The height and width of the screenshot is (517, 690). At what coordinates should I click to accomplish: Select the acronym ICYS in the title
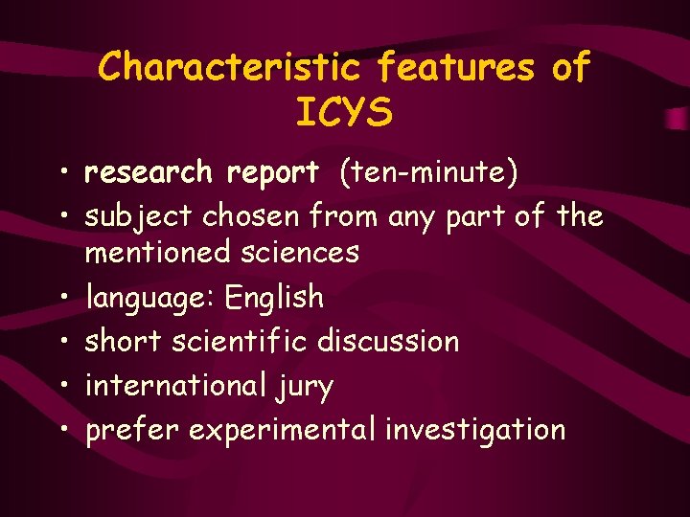point(345,113)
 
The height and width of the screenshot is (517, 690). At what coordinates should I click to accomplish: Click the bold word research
point(149,172)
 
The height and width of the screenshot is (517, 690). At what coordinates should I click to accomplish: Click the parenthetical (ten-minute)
point(426,173)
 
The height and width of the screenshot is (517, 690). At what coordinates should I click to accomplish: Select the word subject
point(139,217)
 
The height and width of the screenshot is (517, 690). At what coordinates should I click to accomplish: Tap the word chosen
point(251,216)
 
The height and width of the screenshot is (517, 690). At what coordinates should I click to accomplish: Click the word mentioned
point(151,253)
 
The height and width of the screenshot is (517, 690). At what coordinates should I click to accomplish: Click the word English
point(274,298)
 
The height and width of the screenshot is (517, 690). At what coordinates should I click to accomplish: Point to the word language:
point(150,298)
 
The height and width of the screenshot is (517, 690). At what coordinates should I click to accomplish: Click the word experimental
point(283,431)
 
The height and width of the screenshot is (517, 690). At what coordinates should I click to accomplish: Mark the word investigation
point(475,431)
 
